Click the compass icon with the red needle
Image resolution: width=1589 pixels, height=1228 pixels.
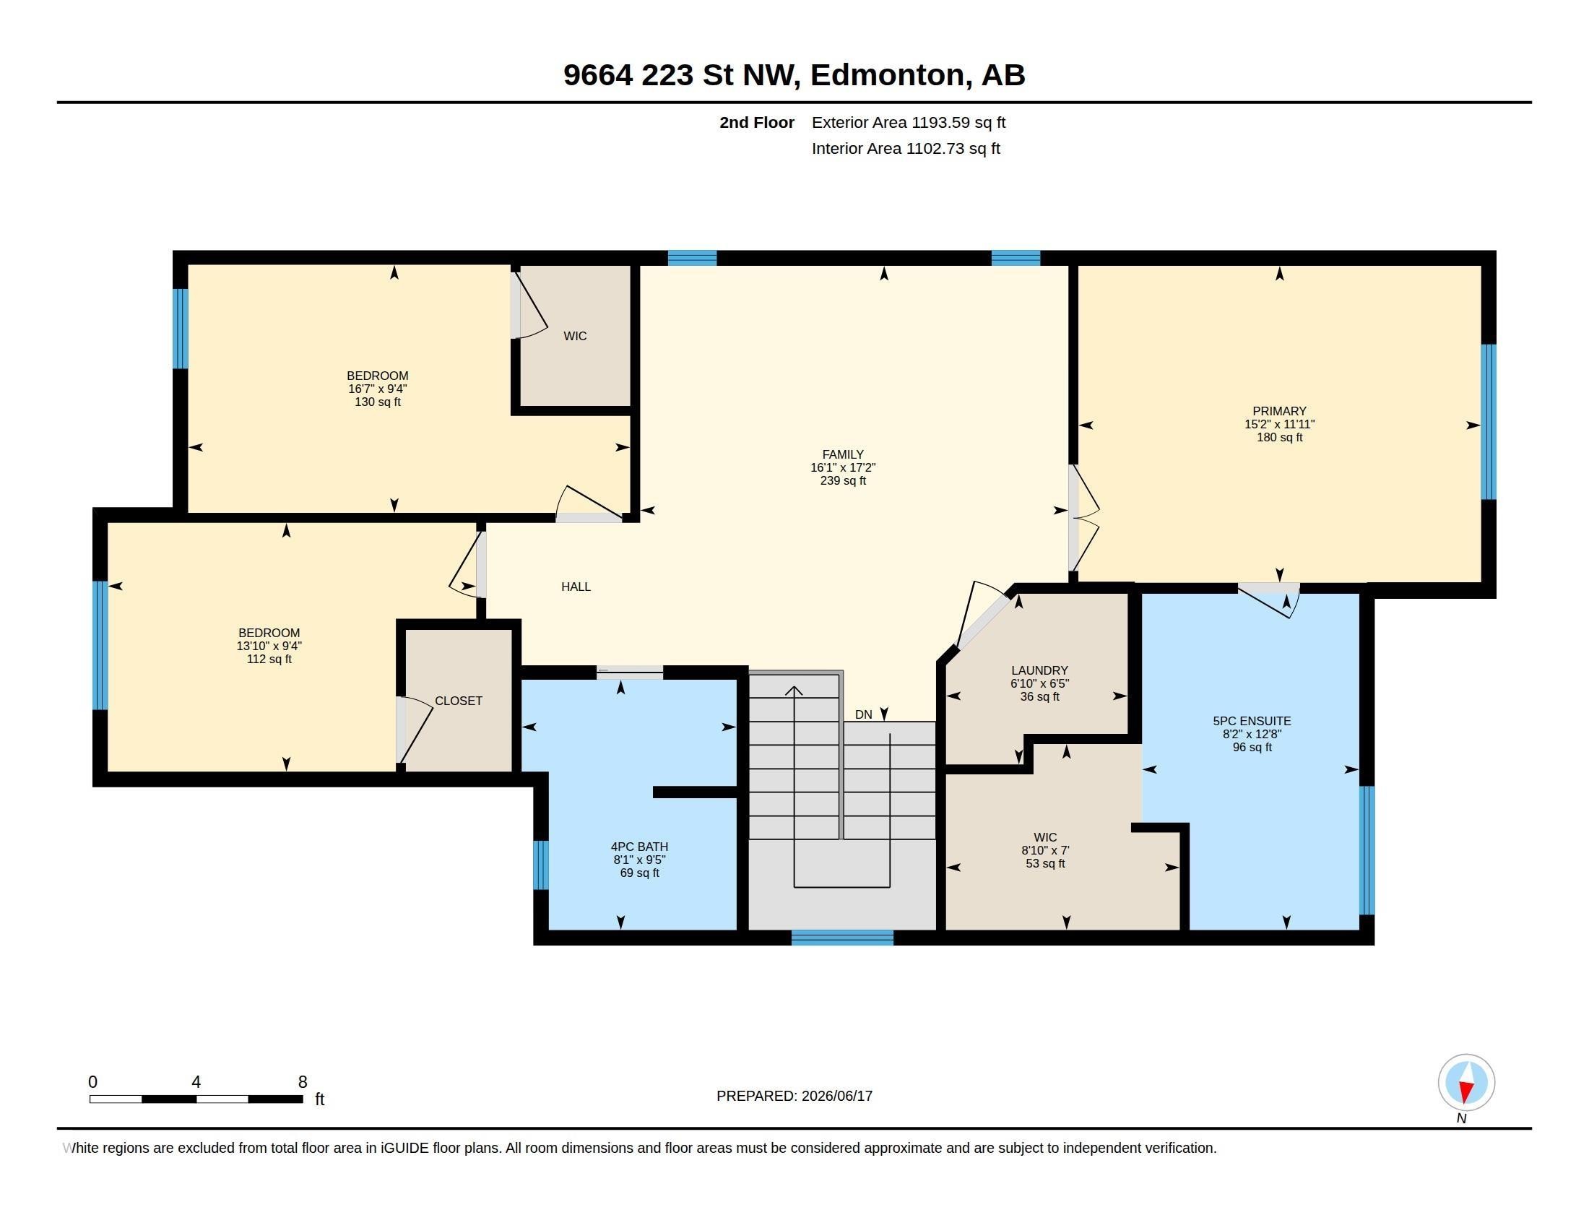(x=1466, y=1083)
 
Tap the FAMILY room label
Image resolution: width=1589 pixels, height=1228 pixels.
(x=842, y=454)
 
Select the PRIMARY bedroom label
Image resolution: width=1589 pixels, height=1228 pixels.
(x=1279, y=411)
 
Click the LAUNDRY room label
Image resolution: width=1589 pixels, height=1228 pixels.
(x=1039, y=671)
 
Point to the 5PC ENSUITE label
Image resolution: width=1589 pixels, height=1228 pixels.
(x=1252, y=721)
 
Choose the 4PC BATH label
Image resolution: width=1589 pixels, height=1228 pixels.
(x=638, y=847)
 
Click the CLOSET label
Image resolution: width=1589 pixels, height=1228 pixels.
(x=459, y=701)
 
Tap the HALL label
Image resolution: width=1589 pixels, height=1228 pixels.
(x=576, y=587)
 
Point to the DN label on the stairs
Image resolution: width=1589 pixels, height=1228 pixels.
(x=863, y=714)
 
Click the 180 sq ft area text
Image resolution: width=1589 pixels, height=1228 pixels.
(x=1279, y=437)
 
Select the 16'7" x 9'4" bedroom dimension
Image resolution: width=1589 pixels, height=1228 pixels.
(x=377, y=389)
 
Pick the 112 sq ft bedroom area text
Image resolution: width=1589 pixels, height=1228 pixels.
(x=269, y=659)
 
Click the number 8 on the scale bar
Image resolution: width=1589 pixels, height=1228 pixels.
(x=303, y=1082)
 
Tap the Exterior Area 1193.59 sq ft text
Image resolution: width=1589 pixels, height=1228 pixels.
(x=908, y=122)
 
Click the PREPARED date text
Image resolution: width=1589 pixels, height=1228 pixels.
(x=794, y=1096)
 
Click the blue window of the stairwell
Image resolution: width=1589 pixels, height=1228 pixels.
(x=841, y=938)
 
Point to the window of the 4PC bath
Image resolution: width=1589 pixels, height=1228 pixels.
(x=540, y=865)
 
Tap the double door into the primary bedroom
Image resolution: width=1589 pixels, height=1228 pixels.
(x=1083, y=517)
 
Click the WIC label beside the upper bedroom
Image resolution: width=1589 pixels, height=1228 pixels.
(x=575, y=336)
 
